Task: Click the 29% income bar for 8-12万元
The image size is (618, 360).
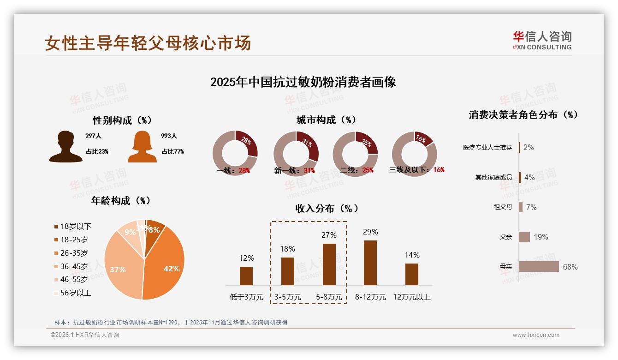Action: click(370, 263)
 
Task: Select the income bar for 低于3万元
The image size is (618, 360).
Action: click(246, 276)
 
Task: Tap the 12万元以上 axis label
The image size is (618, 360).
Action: click(411, 297)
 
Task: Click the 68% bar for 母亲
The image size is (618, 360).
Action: click(539, 267)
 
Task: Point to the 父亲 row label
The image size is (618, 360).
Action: click(506, 237)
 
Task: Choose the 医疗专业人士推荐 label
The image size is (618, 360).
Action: click(487, 148)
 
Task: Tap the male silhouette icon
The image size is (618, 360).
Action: click(65, 146)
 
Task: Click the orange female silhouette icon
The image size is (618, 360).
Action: click(142, 146)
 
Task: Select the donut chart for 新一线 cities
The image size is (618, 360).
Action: click(296, 153)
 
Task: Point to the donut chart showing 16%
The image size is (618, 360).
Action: click(414, 153)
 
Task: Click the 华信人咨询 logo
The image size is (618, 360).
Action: click(542, 41)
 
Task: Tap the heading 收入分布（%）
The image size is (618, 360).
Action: click(327, 209)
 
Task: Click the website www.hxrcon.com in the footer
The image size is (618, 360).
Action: click(536, 335)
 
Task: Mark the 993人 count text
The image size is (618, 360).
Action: click(169, 136)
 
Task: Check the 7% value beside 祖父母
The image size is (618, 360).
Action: click(531, 207)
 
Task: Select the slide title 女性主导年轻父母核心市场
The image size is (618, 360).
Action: click(148, 43)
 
